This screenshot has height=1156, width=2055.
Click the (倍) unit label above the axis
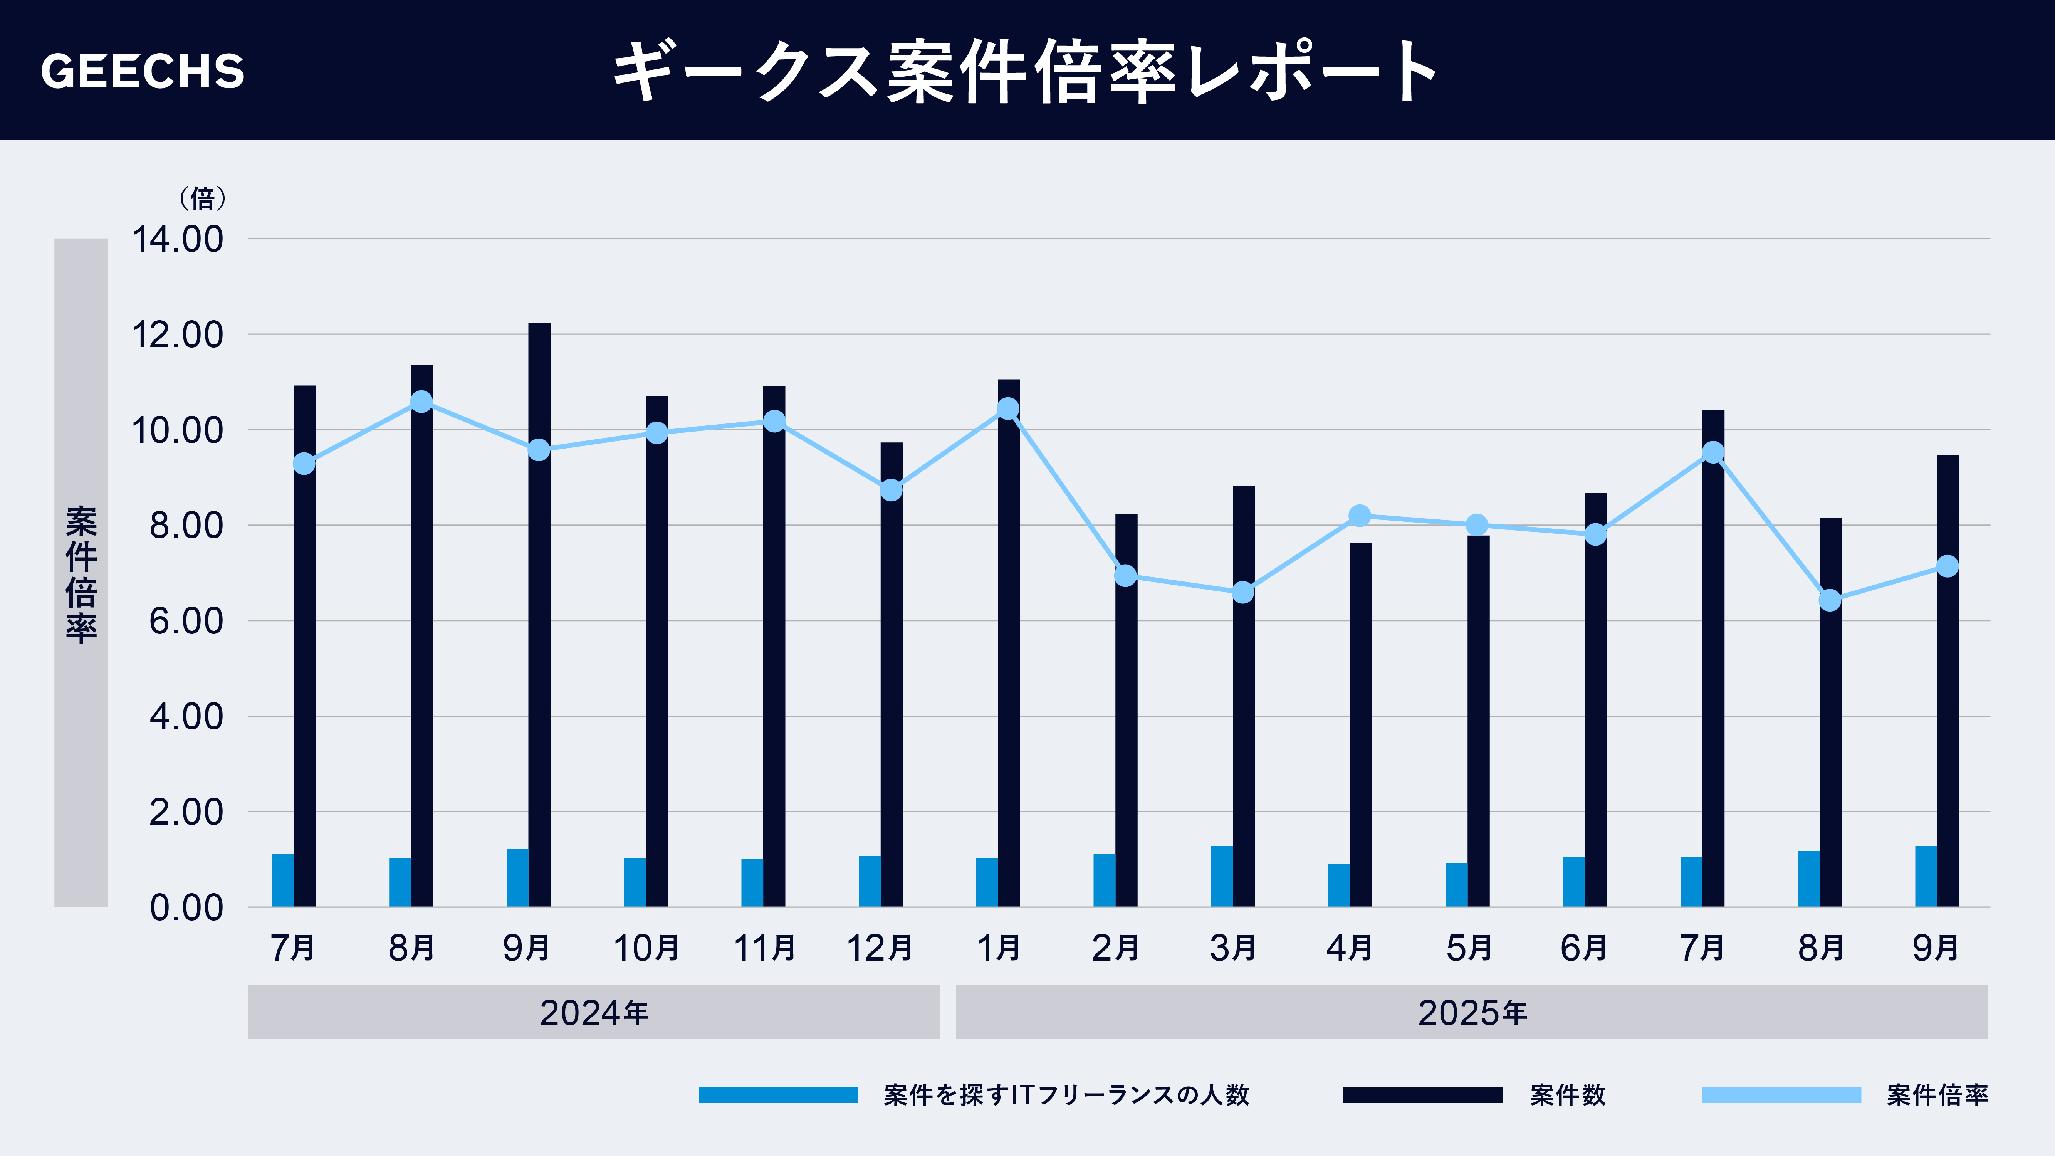(202, 198)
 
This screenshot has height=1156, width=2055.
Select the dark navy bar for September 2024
(539, 614)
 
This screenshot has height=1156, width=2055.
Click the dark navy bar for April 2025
(1361, 724)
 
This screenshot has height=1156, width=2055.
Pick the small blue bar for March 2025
(1221, 876)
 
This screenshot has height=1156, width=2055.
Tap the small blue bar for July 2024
(282, 880)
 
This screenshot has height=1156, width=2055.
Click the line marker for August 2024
(421, 401)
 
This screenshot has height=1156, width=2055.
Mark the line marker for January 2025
(1008, 408)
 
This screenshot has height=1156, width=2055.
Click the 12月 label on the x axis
(879, 948)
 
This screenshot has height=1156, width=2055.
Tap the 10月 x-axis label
(645, 948)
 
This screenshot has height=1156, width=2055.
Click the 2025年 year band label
(1472, 1012)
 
